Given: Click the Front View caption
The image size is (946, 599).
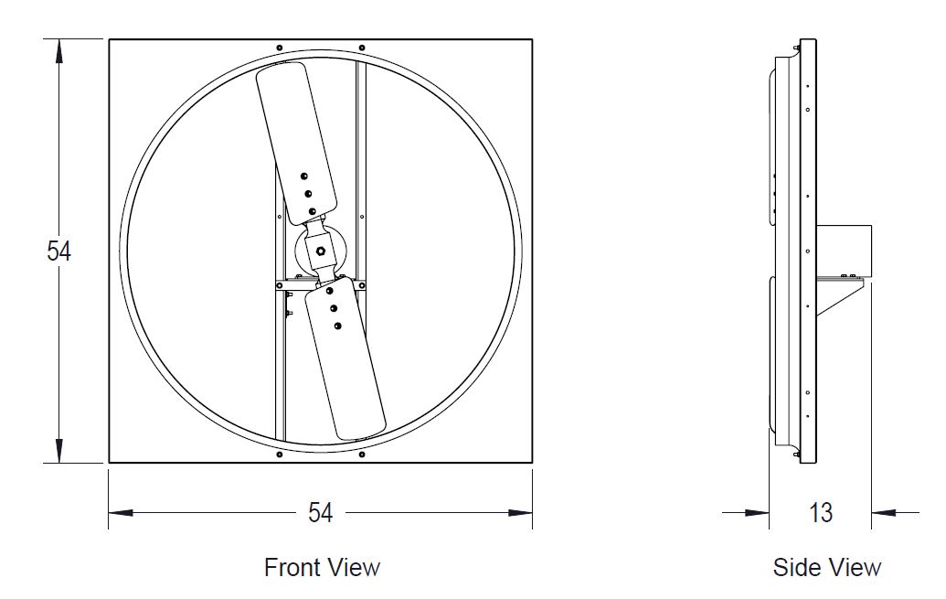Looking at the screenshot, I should (x=322, y=567).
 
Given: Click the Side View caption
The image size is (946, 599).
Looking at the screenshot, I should (x=827, y=567).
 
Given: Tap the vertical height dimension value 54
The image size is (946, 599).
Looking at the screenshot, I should (x=58, y=251).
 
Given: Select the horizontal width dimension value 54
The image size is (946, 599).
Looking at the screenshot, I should (x=320, y=513).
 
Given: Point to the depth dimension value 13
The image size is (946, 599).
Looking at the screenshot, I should (x=821, y=513).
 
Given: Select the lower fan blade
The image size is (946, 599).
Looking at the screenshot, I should (x=346, y=361).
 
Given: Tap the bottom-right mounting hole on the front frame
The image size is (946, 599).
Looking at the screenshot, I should (x=362, y=455).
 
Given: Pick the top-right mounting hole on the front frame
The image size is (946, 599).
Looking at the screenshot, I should (x=362, y=48).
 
